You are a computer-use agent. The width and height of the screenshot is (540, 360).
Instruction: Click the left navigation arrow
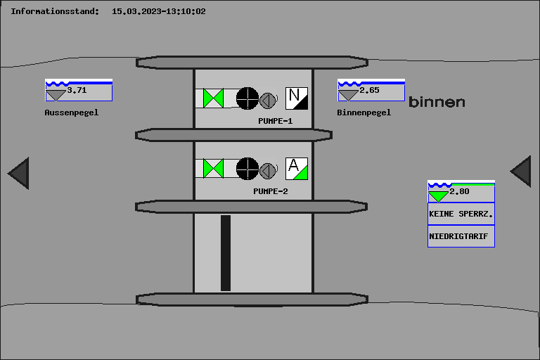point(19,173)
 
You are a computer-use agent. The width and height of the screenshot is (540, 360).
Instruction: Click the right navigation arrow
point(521,172)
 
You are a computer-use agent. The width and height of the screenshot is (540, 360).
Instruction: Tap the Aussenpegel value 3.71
point(77,91)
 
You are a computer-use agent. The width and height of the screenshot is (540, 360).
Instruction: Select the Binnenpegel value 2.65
point(369,91)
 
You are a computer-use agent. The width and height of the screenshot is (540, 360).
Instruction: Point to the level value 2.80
point(459,192)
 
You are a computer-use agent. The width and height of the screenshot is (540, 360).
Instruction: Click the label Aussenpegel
point(72,112)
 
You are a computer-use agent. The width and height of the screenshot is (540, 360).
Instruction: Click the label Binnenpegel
point(364,112)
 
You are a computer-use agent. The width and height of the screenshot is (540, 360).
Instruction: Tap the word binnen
point(437,103)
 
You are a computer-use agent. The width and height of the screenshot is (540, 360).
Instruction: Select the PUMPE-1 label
point(276,121)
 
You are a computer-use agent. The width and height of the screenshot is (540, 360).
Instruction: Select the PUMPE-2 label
point(271,191)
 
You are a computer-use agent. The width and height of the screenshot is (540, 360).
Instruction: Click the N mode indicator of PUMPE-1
point(297,98)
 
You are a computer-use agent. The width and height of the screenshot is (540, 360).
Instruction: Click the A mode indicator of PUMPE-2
point(297,169)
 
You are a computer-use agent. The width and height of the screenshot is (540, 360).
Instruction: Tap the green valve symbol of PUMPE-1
point(213,98)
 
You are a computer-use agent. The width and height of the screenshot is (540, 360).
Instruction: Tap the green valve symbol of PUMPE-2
point(213,169)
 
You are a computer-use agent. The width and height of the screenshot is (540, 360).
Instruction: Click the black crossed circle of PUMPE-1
point(247,98)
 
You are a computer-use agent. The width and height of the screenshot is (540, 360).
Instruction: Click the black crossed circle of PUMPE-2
point(247,169)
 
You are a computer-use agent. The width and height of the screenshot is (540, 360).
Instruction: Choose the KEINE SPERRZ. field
point(461,214)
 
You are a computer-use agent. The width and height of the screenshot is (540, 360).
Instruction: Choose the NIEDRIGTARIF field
point(461,236)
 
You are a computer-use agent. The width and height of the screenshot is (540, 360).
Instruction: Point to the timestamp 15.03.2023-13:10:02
point(159,11)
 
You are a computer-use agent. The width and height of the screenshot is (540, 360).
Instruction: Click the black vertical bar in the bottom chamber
point(226,253)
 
